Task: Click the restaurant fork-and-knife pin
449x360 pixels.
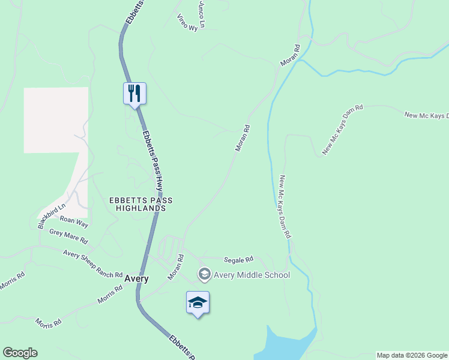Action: tap(134, 93)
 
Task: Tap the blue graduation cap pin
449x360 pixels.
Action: tap(197, 302)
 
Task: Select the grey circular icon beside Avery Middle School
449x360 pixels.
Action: tap(204, 275)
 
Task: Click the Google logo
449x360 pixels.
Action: tap(20, 353)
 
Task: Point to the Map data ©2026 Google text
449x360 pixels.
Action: tap(412, 355)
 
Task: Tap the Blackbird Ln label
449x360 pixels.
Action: tap(51, 215)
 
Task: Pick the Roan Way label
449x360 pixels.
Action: tap(74, 222)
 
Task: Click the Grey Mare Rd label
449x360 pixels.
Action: tap(68, 236)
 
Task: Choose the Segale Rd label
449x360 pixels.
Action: tap(238, 260)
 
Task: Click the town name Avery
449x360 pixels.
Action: tap(136, 279)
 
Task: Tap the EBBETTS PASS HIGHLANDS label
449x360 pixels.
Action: tap(137, 204)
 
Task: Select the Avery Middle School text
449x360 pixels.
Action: tap(252, 275)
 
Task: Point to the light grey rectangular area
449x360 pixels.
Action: tap(56, 120)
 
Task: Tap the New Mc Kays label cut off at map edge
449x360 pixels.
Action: tap(426, 116)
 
